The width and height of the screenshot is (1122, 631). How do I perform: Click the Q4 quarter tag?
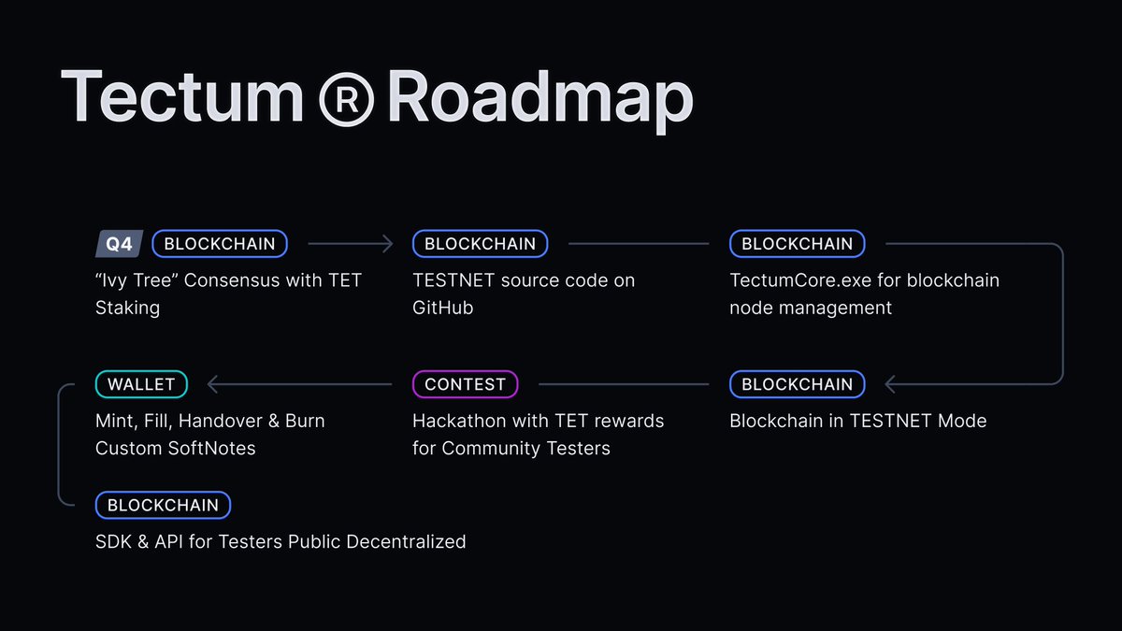(119, 244)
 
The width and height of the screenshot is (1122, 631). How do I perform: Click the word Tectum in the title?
(182, 97)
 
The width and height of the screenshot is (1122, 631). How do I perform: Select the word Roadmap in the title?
(539, 97)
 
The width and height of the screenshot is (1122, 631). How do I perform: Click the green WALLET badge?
(141, 384)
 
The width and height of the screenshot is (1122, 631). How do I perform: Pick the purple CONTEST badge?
(465, 384)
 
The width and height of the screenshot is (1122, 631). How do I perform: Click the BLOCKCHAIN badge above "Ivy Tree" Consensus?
(220, 244)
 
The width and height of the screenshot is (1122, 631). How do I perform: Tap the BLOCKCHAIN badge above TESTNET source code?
(480, 244)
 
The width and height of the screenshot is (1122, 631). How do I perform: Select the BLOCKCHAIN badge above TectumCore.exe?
(797, 244)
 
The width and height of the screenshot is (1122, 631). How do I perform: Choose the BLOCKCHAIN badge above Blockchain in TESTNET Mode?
(797, 384)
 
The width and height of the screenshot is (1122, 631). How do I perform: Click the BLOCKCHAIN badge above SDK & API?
(163, 506)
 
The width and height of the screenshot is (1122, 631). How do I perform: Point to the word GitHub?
(443, 308)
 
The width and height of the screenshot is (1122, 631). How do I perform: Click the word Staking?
(127, 308)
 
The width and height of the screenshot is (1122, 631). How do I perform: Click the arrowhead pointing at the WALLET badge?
(211, 384)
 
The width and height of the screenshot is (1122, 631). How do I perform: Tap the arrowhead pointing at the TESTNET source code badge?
(389, 244)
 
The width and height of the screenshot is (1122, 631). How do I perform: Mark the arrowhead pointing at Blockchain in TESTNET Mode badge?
(889, 384)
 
